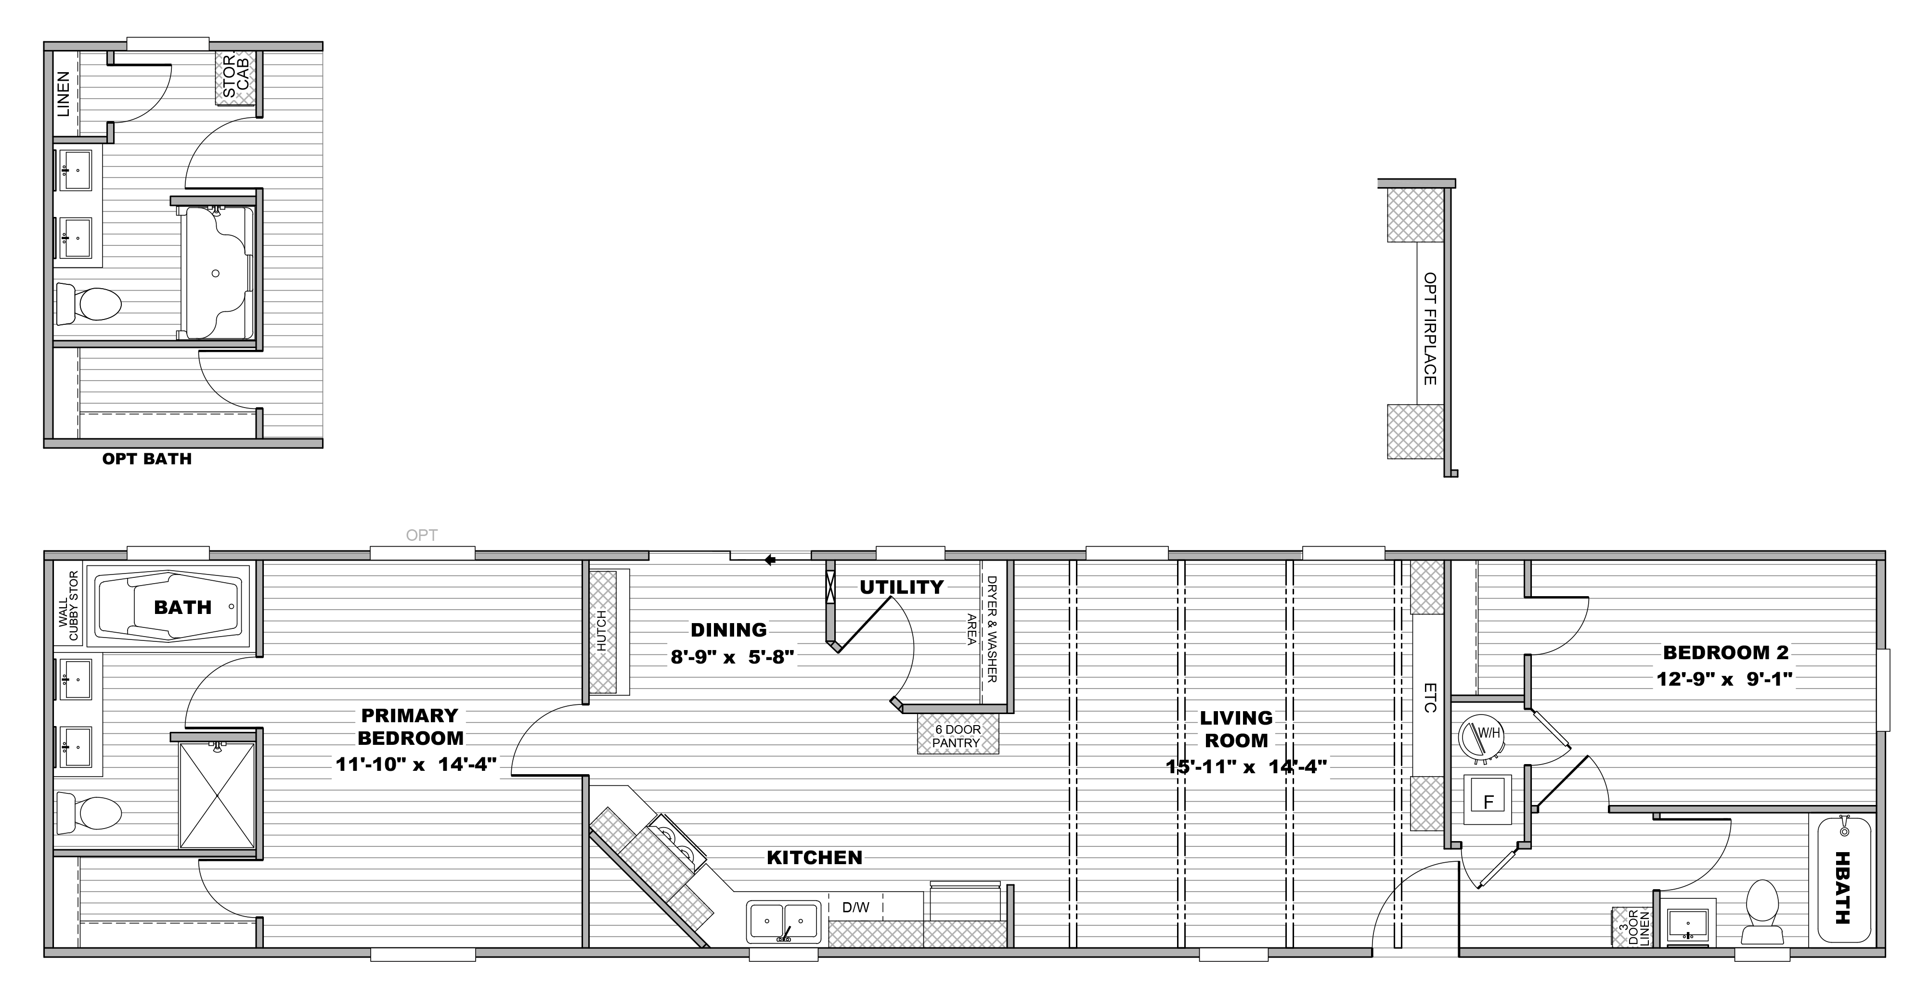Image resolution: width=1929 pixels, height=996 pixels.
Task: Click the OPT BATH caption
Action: click(147, 459)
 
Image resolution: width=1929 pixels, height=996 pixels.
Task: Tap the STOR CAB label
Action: click(235, 77)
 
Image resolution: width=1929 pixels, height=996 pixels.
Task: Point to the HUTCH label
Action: click(601, 631)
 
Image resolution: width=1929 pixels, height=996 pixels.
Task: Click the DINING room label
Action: click(729, 630)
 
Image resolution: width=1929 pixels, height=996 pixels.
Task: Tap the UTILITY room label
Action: click(902, 587)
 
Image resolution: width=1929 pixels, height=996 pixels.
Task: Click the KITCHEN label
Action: click(814, 857)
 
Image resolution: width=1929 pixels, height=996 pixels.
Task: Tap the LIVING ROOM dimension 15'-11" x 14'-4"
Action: click(1246, 766)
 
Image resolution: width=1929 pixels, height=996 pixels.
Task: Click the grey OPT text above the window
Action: click(422, 535)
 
